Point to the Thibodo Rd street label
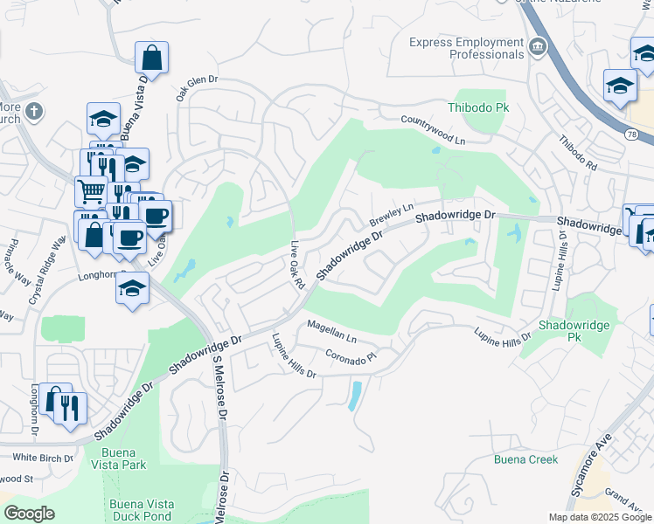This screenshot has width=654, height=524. (577, 154)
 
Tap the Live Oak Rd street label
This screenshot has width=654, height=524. (297, 265)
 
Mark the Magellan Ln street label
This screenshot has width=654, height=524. (331, 331)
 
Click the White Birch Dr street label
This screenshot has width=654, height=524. (42, 458)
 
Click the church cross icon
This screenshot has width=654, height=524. (33, 111)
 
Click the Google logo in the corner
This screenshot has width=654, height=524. (29, 514)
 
